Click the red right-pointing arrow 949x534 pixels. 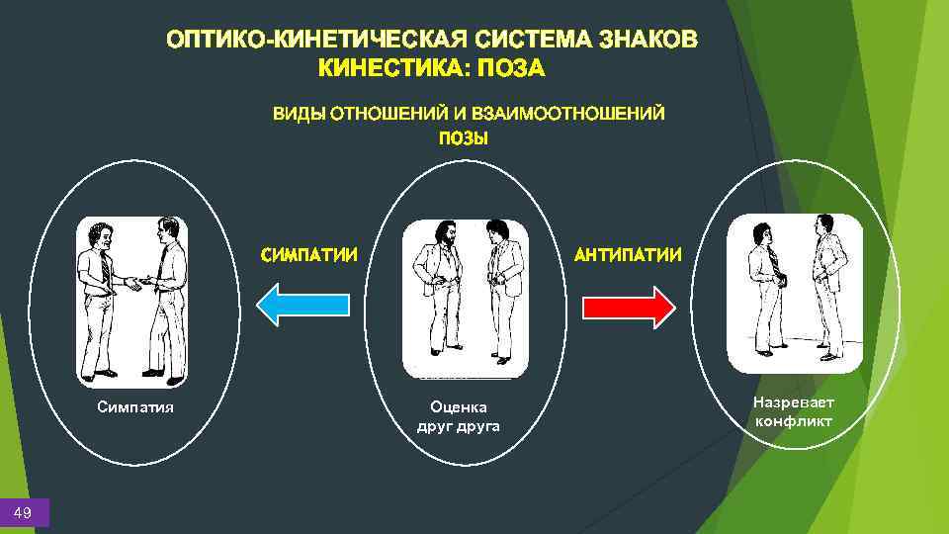coord(628,306)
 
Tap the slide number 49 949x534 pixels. coord(23,511)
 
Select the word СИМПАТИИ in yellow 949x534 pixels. coord(308,255)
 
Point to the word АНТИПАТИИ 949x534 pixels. coord(628,255)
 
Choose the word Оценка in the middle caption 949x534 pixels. coord(458,406)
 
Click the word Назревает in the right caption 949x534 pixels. coord(793,402)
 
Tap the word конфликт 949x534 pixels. coord(793,421)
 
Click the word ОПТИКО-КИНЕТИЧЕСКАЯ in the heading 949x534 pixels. coord(317,40)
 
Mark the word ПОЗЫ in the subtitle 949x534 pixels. coord(464,137)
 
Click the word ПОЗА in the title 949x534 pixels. coord(512,68)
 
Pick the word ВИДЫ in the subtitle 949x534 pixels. coord(299,113)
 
